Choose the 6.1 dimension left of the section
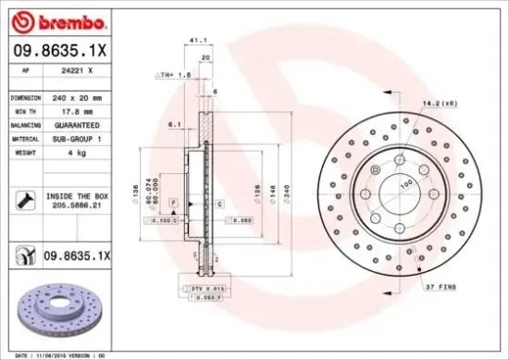[173, 123]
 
